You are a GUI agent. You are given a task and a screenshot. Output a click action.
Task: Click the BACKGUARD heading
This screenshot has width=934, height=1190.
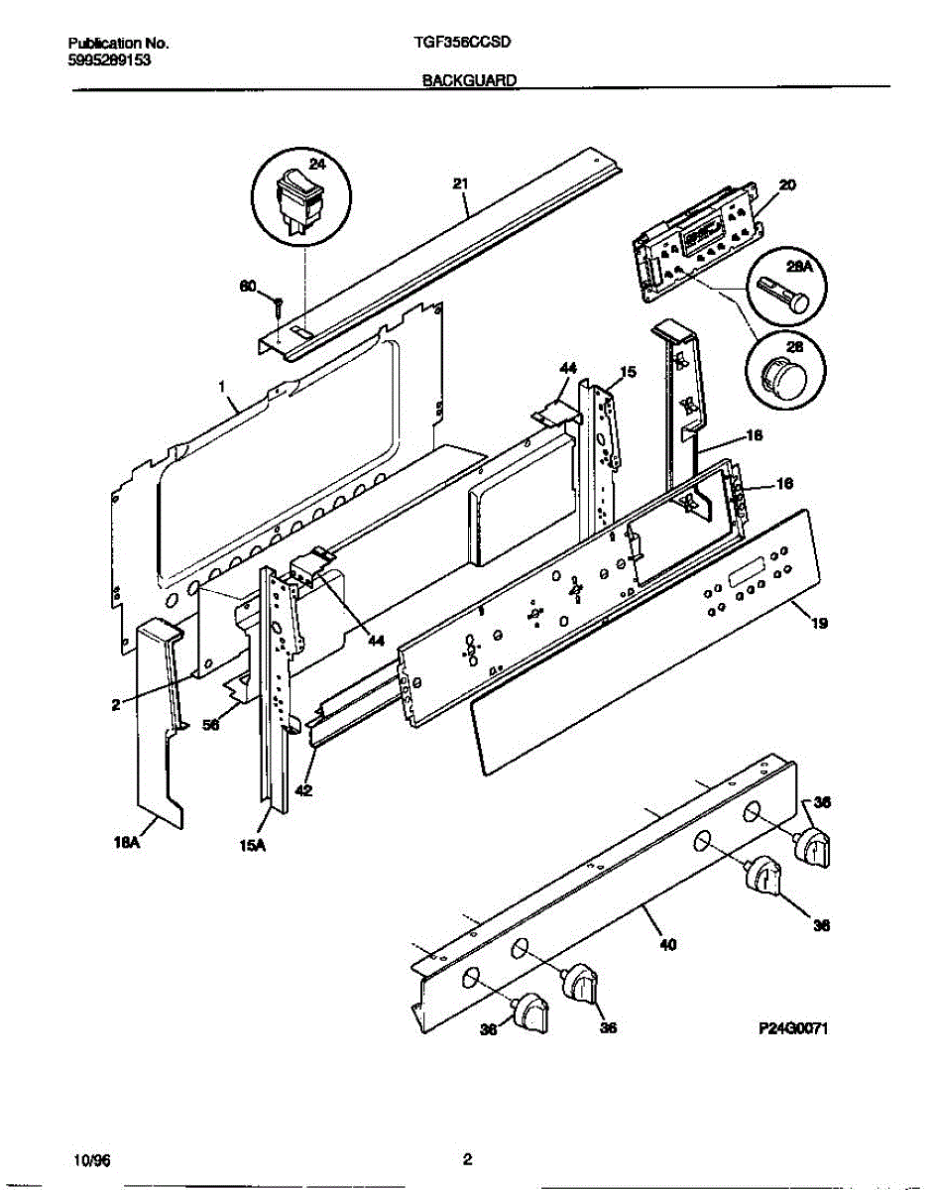469,82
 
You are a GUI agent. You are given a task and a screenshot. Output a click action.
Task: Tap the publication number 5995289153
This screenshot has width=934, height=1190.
110,59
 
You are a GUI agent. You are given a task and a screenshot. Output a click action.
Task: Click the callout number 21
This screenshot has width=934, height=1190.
460,182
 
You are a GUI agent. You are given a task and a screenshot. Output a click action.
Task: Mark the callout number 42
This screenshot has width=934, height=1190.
303,792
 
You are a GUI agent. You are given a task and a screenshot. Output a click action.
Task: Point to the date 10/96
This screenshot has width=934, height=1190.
87,1158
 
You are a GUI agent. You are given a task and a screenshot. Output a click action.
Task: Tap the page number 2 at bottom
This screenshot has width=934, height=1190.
467,1158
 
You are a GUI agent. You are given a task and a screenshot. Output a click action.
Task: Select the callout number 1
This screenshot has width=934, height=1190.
222,381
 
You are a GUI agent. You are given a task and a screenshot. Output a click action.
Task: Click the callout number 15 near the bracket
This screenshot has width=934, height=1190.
627,372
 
